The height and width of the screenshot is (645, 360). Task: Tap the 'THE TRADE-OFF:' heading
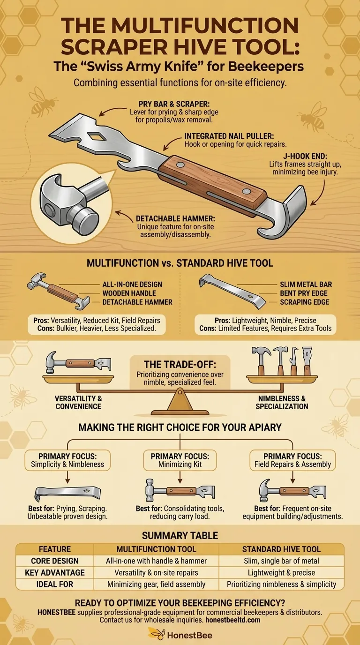pos(180,364)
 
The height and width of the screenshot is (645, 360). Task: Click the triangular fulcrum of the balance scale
pos(180,401)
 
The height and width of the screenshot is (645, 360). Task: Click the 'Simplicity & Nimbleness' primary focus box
pos(67,460)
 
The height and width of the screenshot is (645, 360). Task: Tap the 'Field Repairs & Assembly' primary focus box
pos(292,460)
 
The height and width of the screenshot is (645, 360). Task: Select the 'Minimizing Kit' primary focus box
pos(180,460)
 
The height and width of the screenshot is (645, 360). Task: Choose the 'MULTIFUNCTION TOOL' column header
pos(156,549)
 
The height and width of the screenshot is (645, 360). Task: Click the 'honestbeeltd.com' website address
pos(234,620)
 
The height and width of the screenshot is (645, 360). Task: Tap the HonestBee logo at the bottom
pos(180,635)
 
